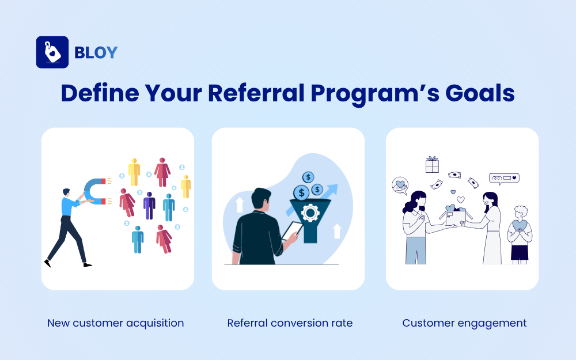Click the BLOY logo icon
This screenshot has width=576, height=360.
[x=52, y=52]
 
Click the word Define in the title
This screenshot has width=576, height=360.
[x=98, y=93]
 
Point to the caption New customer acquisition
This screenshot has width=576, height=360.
[x=116, y=323]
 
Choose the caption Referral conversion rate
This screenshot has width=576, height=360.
[x=290, y=323]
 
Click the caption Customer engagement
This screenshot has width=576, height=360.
[x=464, y=323]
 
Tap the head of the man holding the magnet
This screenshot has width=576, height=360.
[x=67, y=193]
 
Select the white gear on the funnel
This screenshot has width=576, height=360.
[x=310, y=214]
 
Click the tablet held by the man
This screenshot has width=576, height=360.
[x=291, y=230]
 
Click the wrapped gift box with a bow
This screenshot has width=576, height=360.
[x=432, y=165]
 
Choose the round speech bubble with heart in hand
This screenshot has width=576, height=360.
[x=399, y=185]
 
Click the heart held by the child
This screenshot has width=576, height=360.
[x=520, y=225]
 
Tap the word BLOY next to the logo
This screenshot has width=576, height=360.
[x=96, y=52]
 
